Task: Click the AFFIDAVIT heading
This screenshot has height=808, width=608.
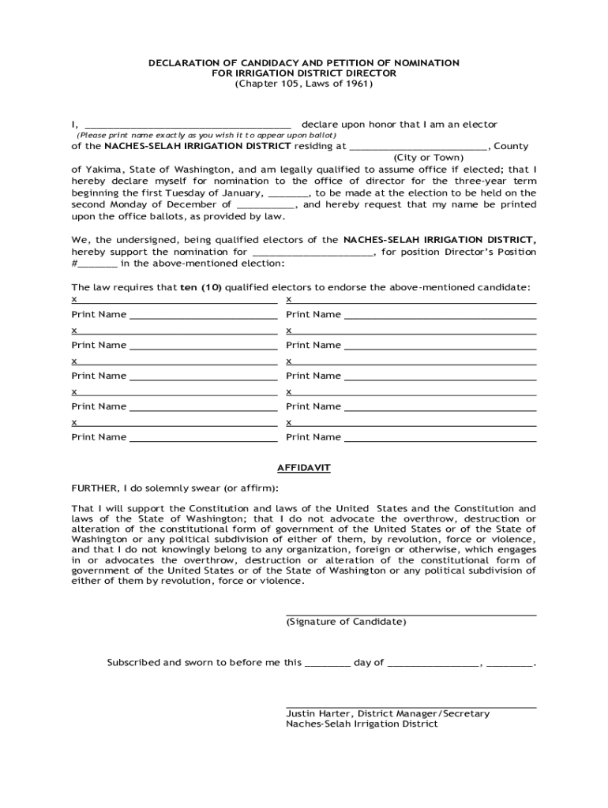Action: pyautogui.click(x=304, y=468)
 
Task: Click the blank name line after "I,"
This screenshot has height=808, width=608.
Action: pyautogui.click(x=188, y=125)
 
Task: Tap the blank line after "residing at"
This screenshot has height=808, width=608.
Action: pyautogui.click(x=418, y=147)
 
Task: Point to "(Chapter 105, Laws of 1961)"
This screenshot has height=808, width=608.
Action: pyautogui.click(x=304, y=83)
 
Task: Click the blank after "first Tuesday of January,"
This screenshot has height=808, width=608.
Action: pyautogui.click(x=289, y=193)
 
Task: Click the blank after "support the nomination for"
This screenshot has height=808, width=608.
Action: pyautogui.click(x=313, y=253)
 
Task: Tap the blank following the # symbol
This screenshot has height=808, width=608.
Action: pyautogui.click(x=99, y=264)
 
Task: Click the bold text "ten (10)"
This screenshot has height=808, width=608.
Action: pyautogui.click(x=201, y=288)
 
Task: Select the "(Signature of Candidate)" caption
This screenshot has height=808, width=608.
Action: pyautogui.click(x=346, y=622)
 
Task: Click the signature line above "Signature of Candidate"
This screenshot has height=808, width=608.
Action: pyautogui.click(x=411, y=613)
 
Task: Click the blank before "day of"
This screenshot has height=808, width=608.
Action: pyautogui.click(x=327, y=664)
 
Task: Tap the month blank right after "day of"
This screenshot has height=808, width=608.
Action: pyautogui.click(x=433, y=664)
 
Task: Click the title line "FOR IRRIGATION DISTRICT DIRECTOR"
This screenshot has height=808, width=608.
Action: pyautogui.click(x=304, y=73)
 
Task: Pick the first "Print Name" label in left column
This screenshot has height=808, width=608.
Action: pyautogui.click(x=99, y=315)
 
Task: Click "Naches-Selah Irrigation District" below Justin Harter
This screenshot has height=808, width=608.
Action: pyautogui.click(x=362, y=724)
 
